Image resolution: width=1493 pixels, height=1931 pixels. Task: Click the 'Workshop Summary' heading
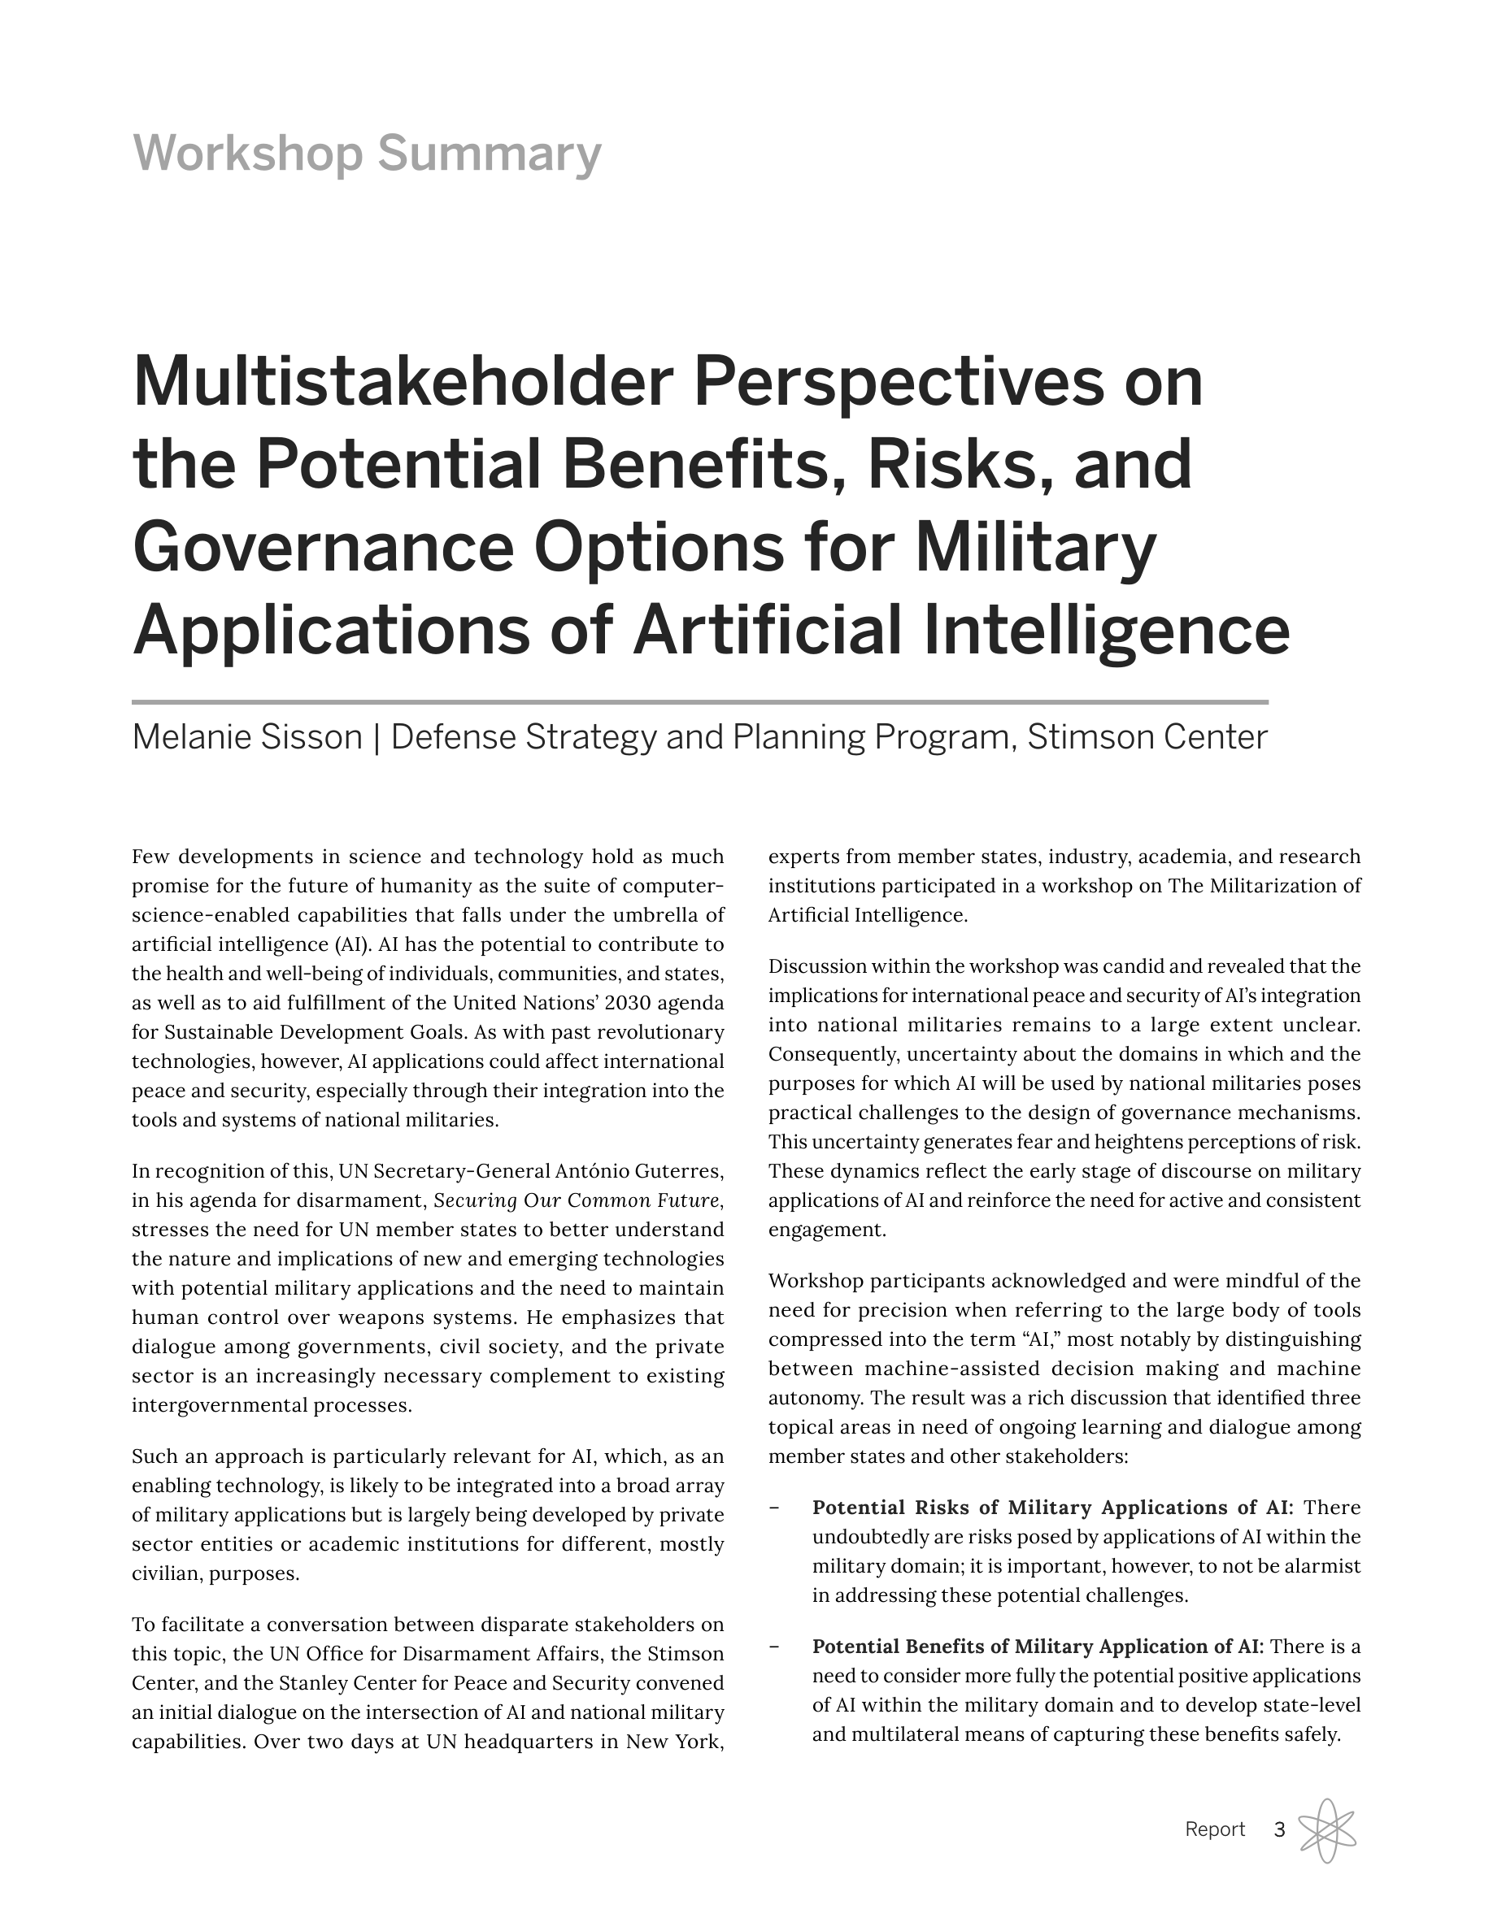[x=366, y=153]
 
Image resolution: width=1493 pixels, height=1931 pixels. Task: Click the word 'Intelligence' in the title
[x=1107, y=630]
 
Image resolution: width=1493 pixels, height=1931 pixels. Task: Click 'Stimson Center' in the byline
[x=1147, y=736]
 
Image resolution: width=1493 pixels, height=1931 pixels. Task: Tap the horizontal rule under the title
[x=699, y=702]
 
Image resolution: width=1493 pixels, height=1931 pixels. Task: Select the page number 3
[x=1279, y=1829]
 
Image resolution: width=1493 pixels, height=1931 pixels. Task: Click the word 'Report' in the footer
[x=1214, y=1829]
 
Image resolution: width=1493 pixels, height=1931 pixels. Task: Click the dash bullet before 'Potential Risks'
[x=775, y=1507]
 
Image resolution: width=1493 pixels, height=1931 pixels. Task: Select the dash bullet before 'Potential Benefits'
[x=775, y=1646]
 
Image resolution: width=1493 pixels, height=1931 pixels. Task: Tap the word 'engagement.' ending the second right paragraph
[x=826, y=1229]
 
